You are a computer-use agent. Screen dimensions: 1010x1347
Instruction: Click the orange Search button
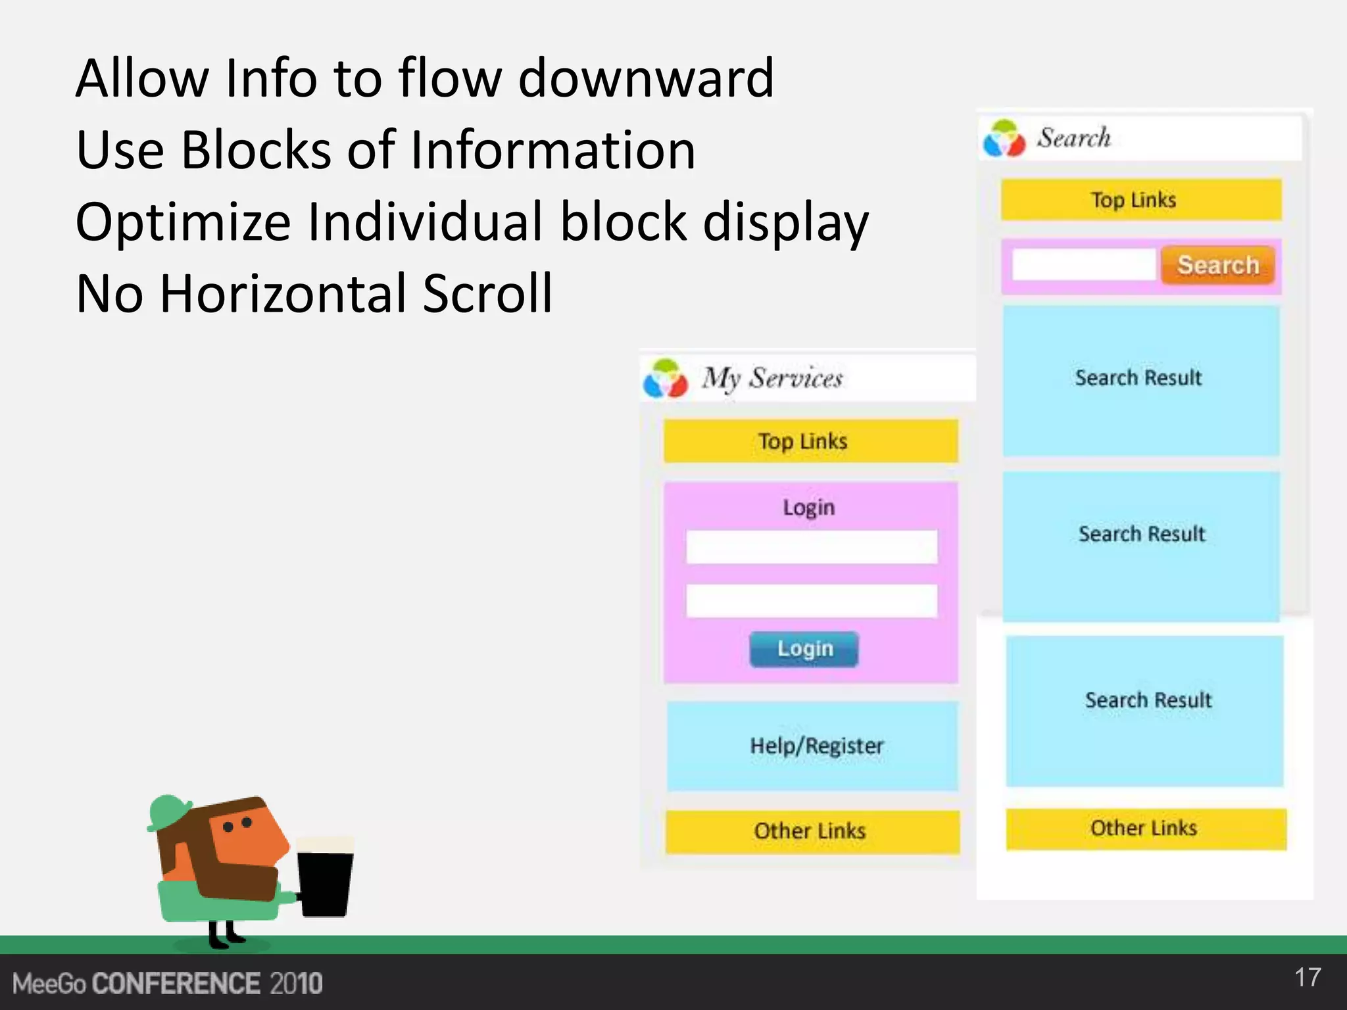[1217, 265]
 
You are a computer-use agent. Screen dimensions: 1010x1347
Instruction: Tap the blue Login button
[804, 649]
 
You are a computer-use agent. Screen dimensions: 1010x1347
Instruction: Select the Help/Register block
[812, 746]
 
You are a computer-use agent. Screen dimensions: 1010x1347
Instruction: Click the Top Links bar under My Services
[810, 441]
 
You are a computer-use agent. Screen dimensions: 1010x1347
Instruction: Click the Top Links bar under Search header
[1141, 199]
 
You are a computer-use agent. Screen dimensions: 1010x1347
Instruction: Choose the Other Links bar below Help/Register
[812, 831]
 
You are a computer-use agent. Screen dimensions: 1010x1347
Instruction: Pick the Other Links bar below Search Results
[1146, 829]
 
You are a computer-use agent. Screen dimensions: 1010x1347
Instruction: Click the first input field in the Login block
[812, 546]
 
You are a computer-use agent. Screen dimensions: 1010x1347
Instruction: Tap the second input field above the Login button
[812, 600]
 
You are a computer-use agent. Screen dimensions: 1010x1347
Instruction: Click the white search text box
[1083, 264]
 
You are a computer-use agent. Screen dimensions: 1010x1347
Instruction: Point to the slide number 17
[1308, 977]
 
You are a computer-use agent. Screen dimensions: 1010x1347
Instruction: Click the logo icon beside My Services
[665, 379]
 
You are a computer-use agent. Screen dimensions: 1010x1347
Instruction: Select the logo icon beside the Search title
[1004, 139]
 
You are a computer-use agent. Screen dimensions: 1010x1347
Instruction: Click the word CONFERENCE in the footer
[176, 984]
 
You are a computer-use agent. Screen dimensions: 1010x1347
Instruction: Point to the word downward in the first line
[646, 78]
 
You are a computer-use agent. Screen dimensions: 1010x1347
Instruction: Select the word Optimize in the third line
[183, 222]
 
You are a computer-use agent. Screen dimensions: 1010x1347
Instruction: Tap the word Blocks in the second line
[255, 150]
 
